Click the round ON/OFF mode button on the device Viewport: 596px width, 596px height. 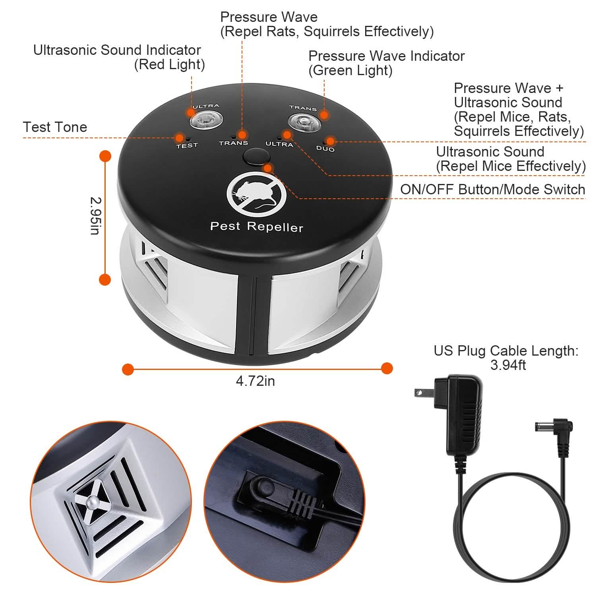click(x=255, y=157)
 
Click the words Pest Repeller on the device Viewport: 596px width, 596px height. click(x=256, y=226)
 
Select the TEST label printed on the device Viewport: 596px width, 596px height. click(x=187, y=145)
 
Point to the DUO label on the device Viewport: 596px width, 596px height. click(x=325, y=149)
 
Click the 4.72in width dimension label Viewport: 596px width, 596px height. click(x=255, y=381)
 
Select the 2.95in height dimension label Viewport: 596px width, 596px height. click(x=96, y=216)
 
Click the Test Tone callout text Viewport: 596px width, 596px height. click(x=55, y=127)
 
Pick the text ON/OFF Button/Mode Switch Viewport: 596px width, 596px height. click(x=493, y=190)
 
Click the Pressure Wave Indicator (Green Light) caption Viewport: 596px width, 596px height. click(x=386, y=63)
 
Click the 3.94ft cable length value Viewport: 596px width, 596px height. click(x=508, y=365)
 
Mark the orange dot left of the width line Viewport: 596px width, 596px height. click(x=128, y=369)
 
